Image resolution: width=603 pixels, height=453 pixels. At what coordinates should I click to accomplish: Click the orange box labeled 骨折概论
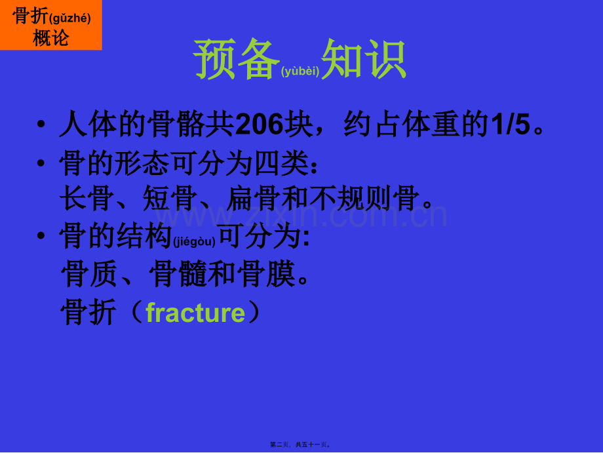coord(50,25)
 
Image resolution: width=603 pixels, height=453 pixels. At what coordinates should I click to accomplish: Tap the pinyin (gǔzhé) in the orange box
coord(69,18)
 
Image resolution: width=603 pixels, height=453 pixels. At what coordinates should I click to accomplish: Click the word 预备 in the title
coord(237,60)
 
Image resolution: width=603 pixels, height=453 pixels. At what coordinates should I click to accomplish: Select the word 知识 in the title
coord(364,60)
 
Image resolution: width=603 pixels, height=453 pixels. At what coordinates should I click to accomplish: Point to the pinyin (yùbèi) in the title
coord(300,71)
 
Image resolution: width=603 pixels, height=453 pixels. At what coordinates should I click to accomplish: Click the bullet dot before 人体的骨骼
coord(41,126)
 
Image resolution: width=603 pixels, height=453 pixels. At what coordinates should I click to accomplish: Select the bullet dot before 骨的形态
coord(41,164)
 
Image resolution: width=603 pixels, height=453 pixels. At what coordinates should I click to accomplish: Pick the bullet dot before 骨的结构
coord(41,236)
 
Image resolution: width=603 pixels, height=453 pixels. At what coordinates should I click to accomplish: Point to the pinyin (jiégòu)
coord(194,242)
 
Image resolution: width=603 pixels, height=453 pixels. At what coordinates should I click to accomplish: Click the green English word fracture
coord(195,313)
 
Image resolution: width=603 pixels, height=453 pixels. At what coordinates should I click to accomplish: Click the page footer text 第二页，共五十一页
coord(301,444)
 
